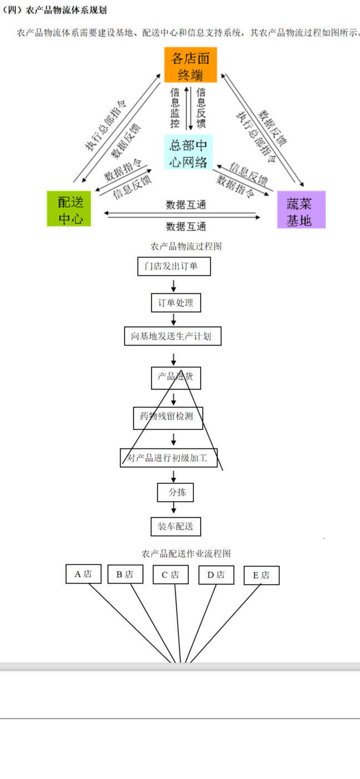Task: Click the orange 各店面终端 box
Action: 191,65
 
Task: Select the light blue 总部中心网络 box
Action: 188,152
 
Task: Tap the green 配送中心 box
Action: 69,209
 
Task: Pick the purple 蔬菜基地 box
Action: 301,209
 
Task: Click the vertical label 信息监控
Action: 175,108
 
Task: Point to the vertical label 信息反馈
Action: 201,108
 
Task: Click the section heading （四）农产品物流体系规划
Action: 54,10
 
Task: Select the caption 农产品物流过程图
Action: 186,246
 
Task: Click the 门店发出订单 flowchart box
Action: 174,266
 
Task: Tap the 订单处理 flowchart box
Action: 176,303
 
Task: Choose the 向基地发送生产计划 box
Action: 173,336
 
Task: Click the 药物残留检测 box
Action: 168,418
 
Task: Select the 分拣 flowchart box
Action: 176,492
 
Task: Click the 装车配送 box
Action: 176,527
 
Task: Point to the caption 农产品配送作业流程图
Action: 186,553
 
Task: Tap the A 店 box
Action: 83,574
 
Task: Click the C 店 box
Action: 171,575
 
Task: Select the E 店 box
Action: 262,575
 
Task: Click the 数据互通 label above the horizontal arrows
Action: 186,205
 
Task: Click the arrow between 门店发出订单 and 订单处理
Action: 173,285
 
